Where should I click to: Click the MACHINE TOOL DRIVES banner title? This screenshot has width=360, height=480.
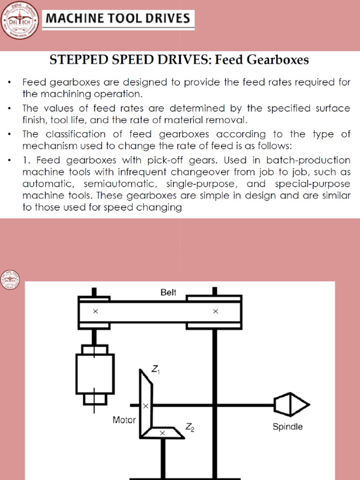click(x=117, y=19)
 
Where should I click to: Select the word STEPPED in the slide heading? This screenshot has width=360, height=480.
click(x=75, y=60)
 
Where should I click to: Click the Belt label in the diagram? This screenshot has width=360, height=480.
click(x=168, y=292)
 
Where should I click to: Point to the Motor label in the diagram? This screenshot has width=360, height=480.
click(x=124, y=420)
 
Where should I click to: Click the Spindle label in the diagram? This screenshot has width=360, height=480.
click(x=288, y=427)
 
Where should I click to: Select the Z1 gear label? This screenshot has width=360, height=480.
click(x=156, y=370)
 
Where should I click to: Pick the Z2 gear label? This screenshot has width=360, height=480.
click(x=190, y=427)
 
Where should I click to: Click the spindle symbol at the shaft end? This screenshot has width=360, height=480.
click(x=291, y=405)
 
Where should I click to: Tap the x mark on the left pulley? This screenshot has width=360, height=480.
click(x=96, y=311)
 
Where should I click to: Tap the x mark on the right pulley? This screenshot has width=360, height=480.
click(x=216, y=311)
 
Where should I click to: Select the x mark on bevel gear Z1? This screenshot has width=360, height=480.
click(x=145, y=406)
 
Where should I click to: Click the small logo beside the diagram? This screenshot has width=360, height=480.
click(x=9, y=280)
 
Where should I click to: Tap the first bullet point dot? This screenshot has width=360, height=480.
click(x=9, y=83)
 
